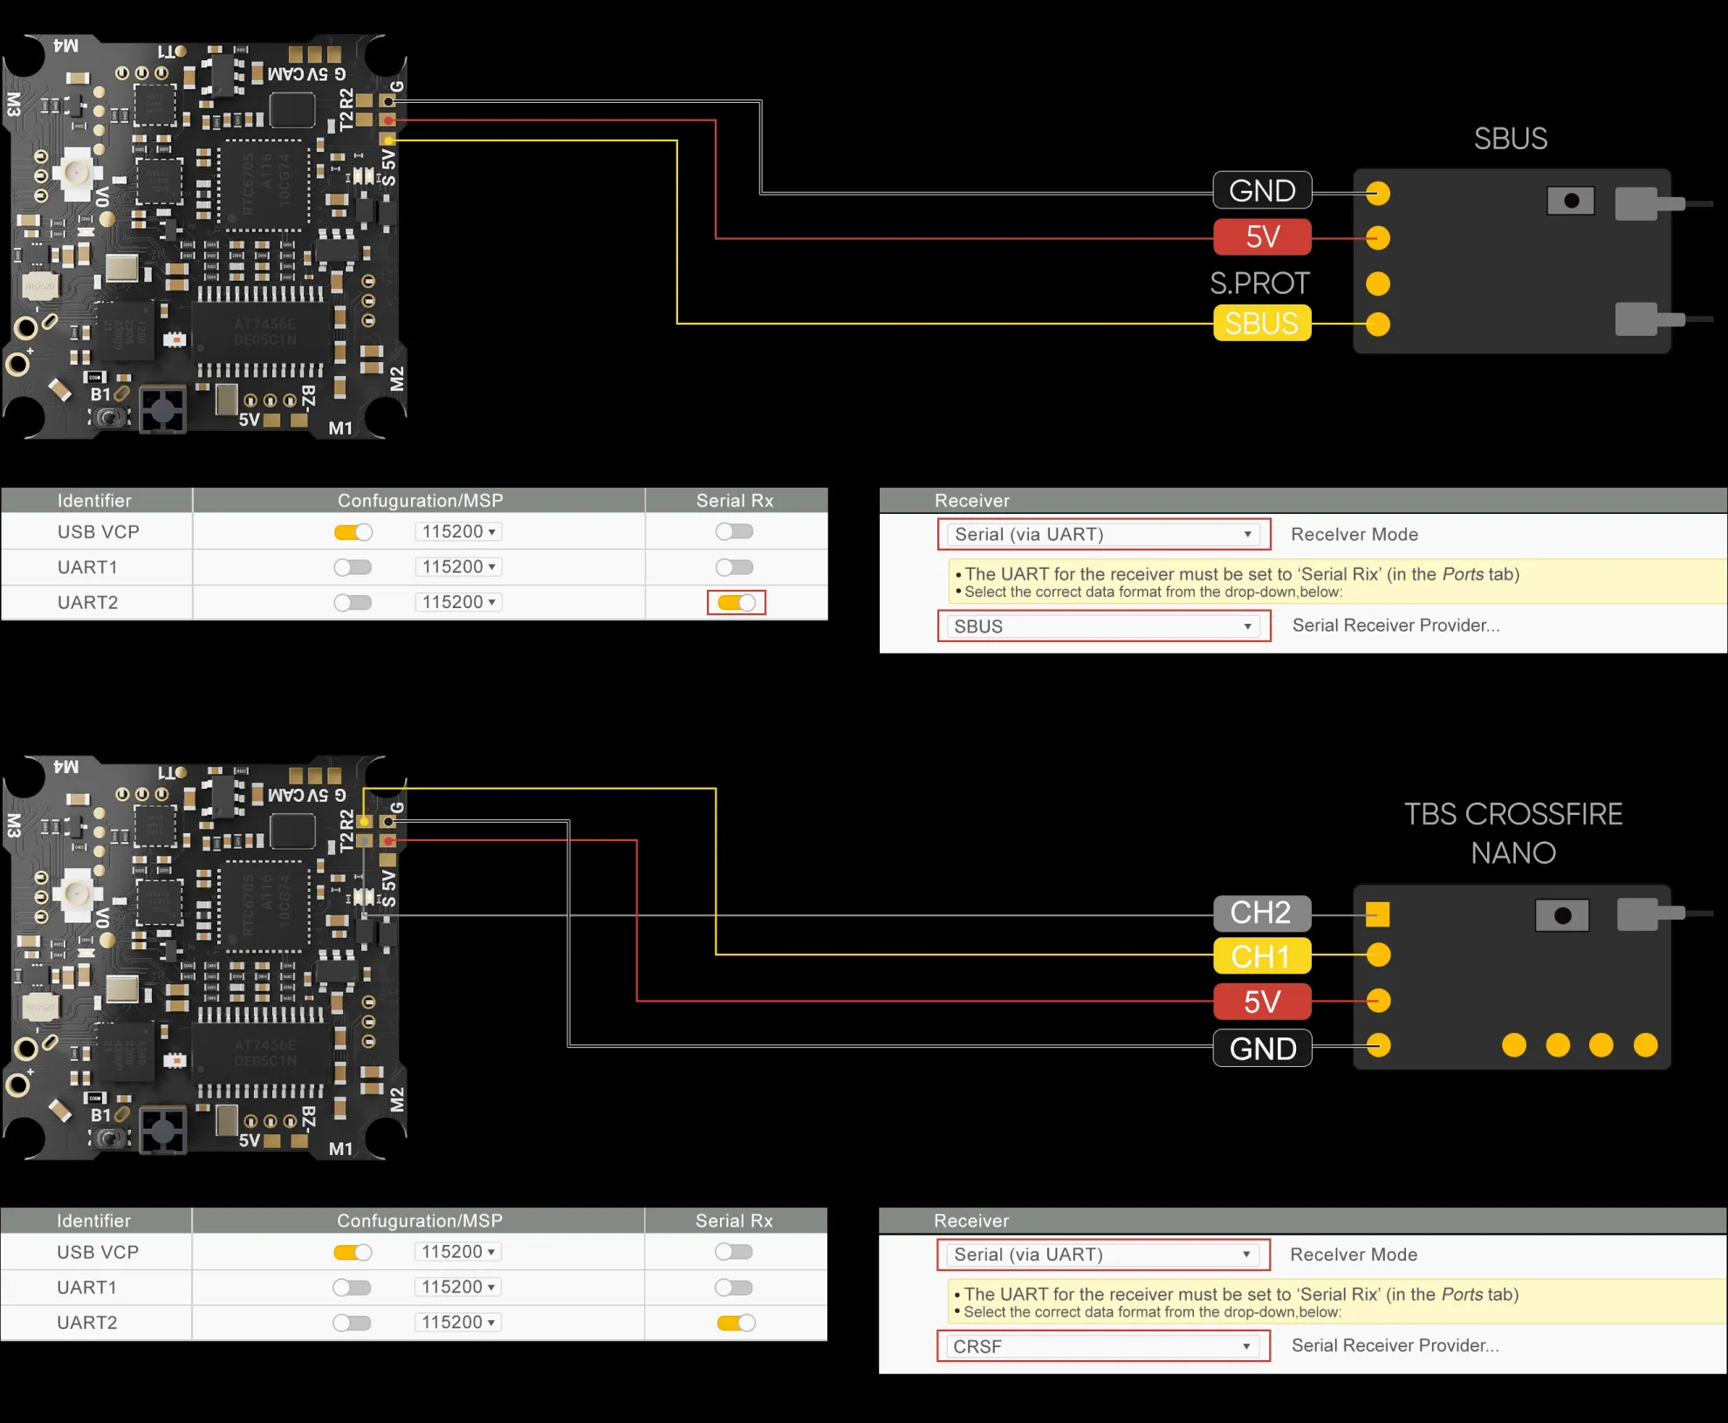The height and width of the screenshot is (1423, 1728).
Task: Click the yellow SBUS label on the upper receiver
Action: tap(1262, 324)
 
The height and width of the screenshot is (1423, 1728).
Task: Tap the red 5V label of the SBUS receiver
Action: tap(1262, 236)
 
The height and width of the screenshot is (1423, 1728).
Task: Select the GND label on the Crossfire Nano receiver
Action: tap(1262, 1048)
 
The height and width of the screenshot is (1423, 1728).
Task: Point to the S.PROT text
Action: tap(1259, 283)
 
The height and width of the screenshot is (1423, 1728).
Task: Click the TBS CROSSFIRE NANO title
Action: tap(1513, 833)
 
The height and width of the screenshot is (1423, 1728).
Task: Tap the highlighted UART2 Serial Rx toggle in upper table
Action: tap(736, 602)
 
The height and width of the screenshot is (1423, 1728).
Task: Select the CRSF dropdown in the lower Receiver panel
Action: tap(1103, 1346)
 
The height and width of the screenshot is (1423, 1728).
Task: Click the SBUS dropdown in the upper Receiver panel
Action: tap(1103, 626)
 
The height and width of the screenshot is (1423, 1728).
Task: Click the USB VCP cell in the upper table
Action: tap(98, 531)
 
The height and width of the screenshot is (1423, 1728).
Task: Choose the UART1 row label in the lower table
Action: tap(86, 1287)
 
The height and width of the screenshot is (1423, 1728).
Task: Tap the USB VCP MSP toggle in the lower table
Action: tap(353, 1252)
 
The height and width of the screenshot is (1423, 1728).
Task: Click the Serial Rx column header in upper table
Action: tap(735, 501)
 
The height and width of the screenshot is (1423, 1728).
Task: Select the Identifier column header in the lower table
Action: tap(93, 1221)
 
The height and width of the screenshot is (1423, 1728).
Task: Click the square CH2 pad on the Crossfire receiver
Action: tap(1378, 914)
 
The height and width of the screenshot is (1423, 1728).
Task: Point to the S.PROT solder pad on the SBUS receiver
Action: tap(1378, 284)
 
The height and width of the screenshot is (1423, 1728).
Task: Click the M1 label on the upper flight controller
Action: tap(340, 428)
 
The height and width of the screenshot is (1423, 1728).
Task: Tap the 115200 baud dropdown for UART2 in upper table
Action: tap(458, 602)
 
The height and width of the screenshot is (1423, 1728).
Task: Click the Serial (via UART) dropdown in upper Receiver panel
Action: tap(1103, 534)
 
